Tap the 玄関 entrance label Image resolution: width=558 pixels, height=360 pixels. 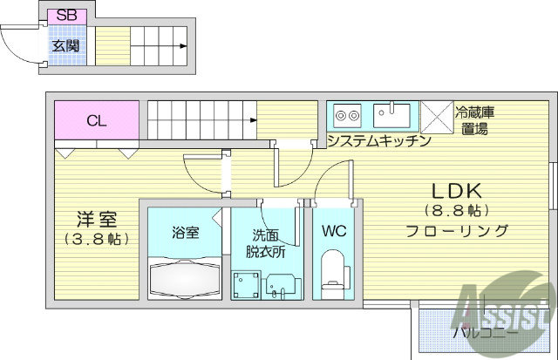tap(65, 44)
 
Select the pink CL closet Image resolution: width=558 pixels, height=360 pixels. tap(97, 121)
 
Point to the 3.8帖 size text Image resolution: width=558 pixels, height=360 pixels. tap(96, 238)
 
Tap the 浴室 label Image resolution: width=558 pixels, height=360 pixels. tap(185, 233)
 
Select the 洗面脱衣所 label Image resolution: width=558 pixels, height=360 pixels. tap(266, 242)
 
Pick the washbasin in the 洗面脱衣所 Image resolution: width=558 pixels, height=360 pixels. tap(281, 284)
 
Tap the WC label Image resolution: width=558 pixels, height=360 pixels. tap(335, 232)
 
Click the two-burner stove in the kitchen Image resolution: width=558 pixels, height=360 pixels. tap(348, 115)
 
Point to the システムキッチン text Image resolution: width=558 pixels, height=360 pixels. tap(380, 140)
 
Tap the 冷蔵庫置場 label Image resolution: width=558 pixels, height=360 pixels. tap(475, 120)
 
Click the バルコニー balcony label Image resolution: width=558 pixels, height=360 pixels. tap(485, 332)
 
